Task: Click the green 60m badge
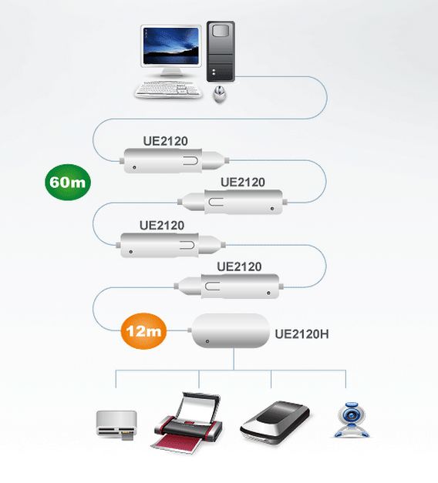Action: click(x=68, y=182)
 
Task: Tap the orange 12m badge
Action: click(x=143, y=331)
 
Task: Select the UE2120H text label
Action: click(x=302, y=334)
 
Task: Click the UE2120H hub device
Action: click(x=231, y=330)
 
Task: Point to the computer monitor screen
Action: click(x=171, y=46)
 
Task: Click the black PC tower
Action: click(x=221, y=52)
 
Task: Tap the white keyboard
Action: click(x=169, y=89)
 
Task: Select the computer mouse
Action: click(x=220, y=94)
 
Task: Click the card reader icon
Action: click(x=116, y=424)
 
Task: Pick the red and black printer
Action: click(x=188, y=423)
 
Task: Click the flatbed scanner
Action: click(x=275, y=423)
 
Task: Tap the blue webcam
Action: click(x=352, y=420)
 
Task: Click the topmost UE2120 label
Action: click(x=165, y=141)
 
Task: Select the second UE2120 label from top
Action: click(x=243, y=182)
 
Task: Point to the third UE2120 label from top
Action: click(x=162, y=226)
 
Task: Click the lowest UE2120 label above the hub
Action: click(x=239, y=267)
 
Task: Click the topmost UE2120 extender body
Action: click(x=174, y=160)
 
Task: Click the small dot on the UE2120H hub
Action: click(x=207, y=341)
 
